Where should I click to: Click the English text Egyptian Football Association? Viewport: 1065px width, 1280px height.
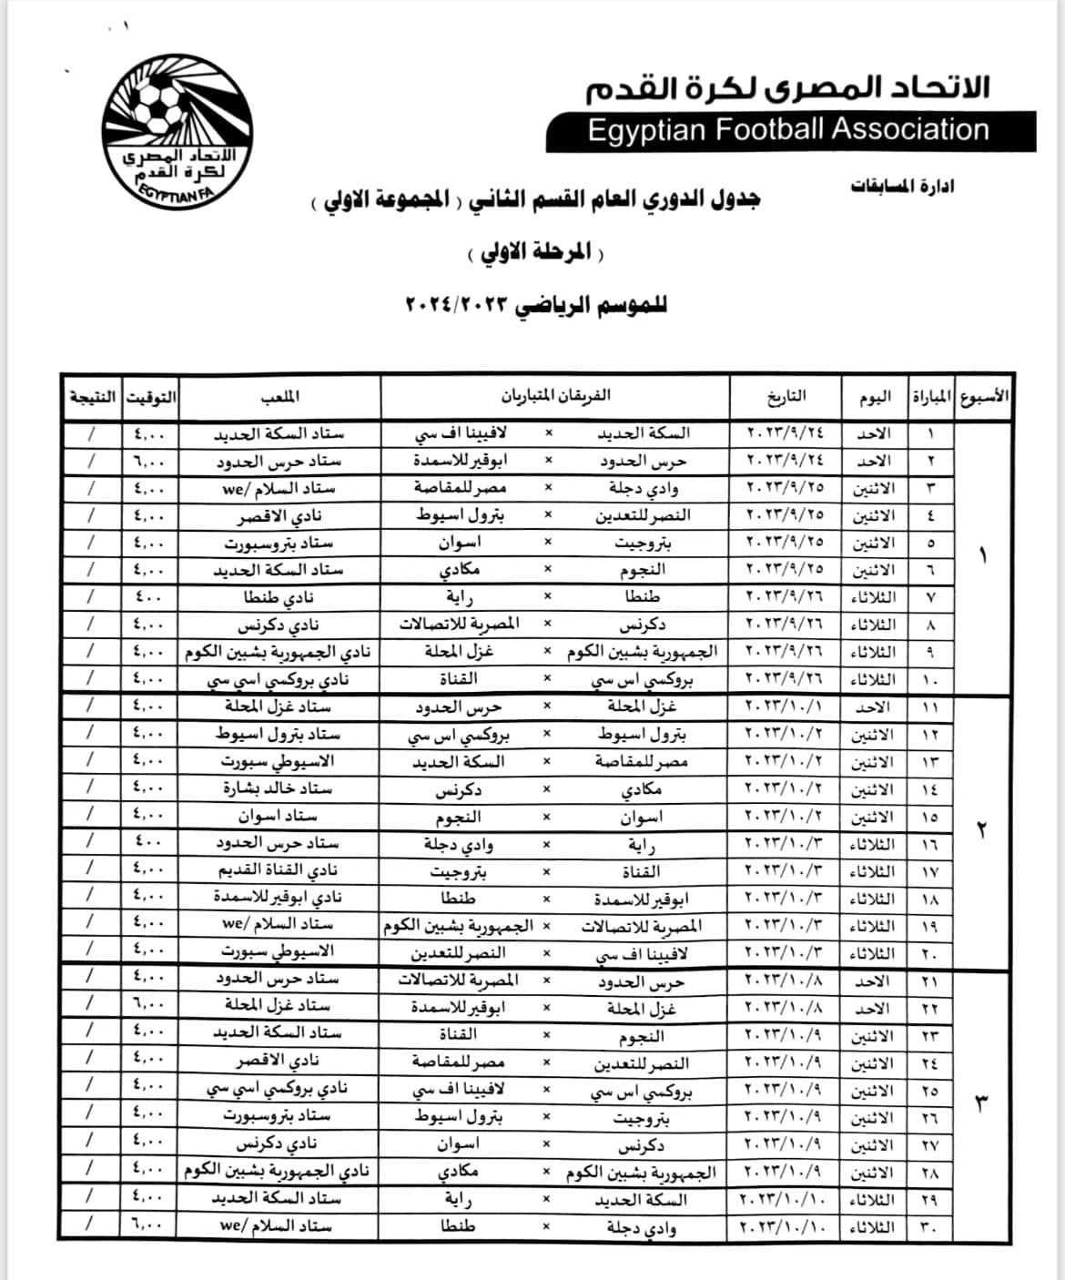788,130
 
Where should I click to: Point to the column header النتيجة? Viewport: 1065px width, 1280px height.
92,397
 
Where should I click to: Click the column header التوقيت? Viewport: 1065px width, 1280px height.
151,397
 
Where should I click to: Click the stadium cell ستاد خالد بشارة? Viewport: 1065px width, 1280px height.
278,788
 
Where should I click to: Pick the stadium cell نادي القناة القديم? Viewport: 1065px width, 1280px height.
279,871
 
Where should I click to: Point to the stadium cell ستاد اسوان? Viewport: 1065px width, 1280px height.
278,816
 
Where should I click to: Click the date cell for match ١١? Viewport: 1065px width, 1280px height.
786,706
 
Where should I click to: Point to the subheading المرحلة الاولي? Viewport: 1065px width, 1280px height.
536,252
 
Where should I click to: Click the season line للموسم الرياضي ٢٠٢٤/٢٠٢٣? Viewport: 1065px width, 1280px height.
535,305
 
